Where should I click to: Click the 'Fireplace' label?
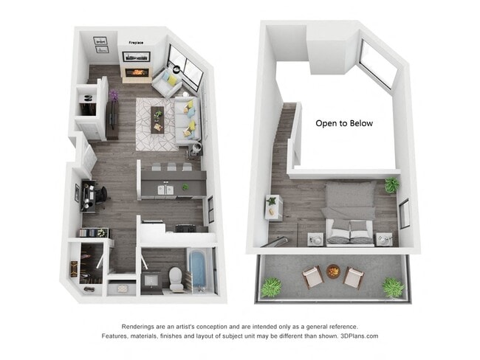click(x=136, y=43)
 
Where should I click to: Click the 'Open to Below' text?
click(x=344, y=123)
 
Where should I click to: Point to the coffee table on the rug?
click(x=157, y=115)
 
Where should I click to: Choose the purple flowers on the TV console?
click(x=114, y=95)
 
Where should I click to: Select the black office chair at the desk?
click(x=101, y=195)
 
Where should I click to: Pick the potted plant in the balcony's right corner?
click(x=393, y=286)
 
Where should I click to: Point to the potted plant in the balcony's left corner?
click(x=271, y=285)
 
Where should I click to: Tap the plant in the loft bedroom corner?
click(x=391, y=185)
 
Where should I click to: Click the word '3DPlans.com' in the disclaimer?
click(x=360, y=336)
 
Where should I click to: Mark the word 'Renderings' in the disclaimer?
click(x=137, y=326)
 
